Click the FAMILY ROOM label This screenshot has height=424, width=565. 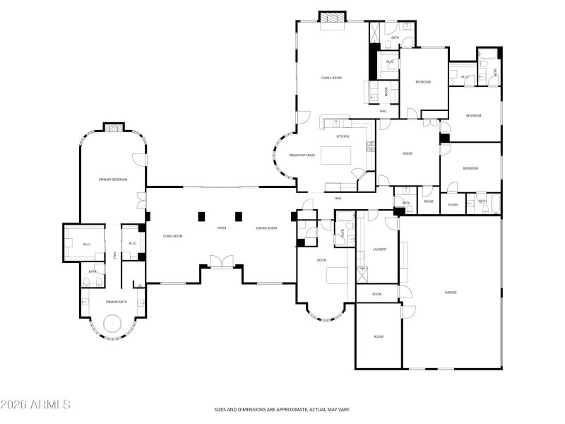(x=331, y=78)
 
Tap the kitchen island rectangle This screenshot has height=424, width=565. (x=335, y=155)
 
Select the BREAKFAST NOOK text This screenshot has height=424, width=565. (x=302, y=155)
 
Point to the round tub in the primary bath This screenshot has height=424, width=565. (x=113, y=324)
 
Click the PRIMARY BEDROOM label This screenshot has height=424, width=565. (x=113, y=179)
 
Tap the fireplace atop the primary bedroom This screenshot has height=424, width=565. (x=113, y=127)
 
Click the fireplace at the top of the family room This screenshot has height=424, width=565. (x=332, y=16)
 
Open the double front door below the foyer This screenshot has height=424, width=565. (x=221, y=262)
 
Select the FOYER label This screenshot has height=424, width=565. (x=221, y=228)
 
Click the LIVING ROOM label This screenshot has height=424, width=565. (x=173, y=236)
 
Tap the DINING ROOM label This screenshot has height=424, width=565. (x=266, y=228)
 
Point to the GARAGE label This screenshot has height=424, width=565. (x=451, y=292)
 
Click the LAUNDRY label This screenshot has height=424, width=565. (x=379, y=249)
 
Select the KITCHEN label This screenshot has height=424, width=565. (x=343, y=136)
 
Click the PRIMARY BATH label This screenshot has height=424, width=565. (x=116, y=302)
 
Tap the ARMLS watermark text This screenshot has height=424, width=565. (x=35, y=405)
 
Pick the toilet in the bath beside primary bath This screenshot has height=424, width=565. (x=86, y=283)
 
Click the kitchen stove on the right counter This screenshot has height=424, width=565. (x=370, y=147)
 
